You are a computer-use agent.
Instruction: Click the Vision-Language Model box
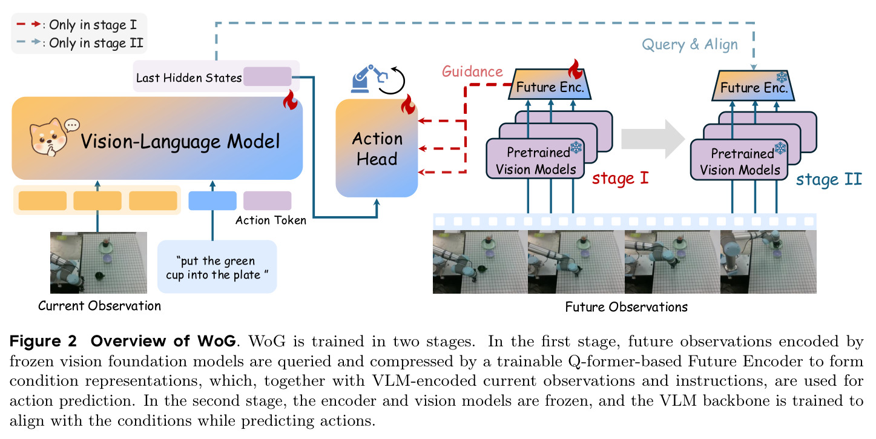(157, 138)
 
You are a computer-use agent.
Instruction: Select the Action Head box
(377, 148)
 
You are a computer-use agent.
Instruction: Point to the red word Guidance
(472, 71)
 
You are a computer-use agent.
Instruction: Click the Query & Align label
(690, 45)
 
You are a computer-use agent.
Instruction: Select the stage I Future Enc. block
(550, 85)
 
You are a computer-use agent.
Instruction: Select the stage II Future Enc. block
(753, 86)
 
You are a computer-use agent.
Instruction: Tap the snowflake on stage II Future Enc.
(782, 77)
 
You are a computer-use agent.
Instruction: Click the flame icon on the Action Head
(408, 104)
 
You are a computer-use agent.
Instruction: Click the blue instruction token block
(212, 200)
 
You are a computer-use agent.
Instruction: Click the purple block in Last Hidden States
(267, 76)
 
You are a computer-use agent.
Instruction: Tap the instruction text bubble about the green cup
(217, 267)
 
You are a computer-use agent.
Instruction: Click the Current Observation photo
(99, 263)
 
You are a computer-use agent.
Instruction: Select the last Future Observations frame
(768, 262)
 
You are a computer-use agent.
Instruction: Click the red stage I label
(621, 179)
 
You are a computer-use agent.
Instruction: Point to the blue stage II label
(829, 180)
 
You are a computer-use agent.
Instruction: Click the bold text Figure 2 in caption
(43, 341)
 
